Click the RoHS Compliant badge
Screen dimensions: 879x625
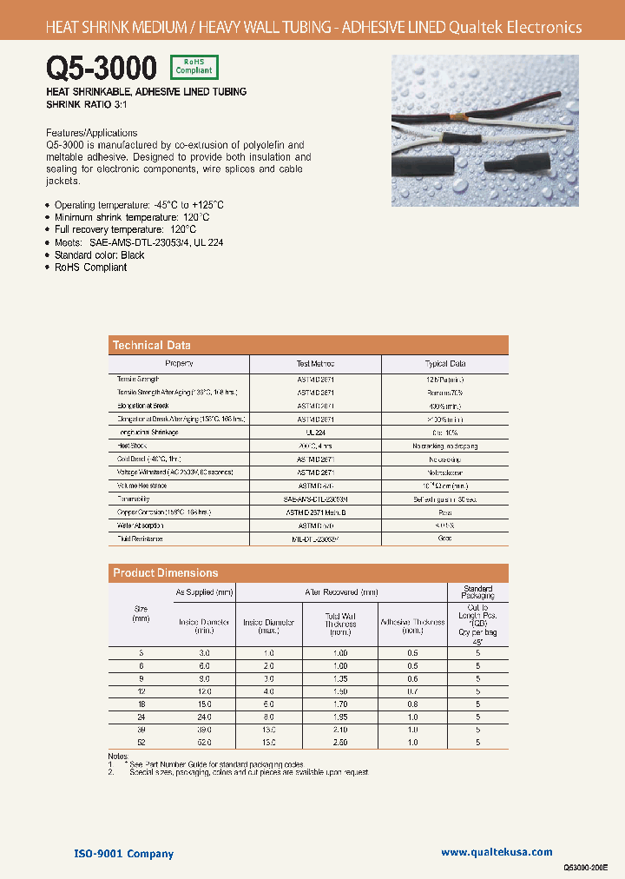(x=194, y=67)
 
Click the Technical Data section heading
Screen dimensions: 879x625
(x=152, y=345)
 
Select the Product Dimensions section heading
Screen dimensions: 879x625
(x=166, y=572)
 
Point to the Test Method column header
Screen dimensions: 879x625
(x=315, y=364)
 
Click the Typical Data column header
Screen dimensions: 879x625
(x=445, y=364)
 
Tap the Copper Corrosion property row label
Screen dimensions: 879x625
(x=163, y=512)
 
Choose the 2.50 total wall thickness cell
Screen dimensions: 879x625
(x=341, y=743)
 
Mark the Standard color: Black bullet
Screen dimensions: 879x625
(x=99, y=255)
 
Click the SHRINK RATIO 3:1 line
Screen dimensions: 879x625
(x=88, y=104)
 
